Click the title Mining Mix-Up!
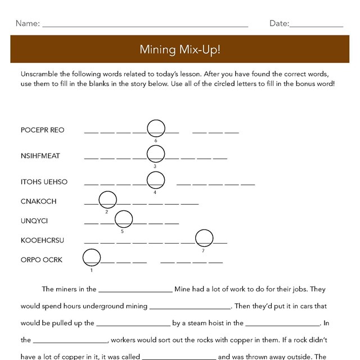click(179, 49)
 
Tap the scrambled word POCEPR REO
click(42, 130)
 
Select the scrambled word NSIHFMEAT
click(40, 156)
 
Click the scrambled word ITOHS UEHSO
click(44, 182)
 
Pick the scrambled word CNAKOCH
click(38, 201)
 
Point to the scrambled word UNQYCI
click(34, 221)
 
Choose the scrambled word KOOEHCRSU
click(42, 241)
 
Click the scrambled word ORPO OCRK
click(41, 260)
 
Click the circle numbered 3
click(155, 154)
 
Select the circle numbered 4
click(155, 180)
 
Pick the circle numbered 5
click(123, 219)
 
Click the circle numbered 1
click(91, 258)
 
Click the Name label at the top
click(28, 24)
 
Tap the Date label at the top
click(279, 24)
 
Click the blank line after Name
click(145, 25)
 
